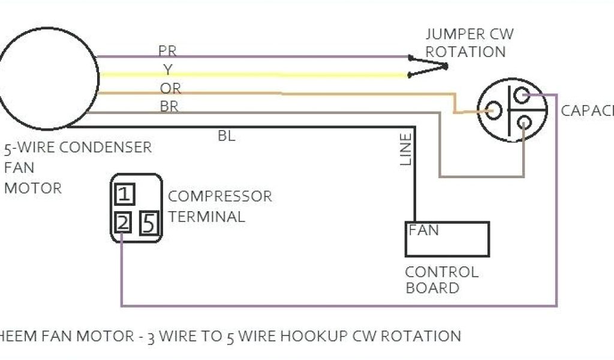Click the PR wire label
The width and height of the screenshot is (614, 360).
click(167, 50)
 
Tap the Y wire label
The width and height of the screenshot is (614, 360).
click(167, 70)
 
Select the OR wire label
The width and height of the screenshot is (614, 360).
click(170, 89)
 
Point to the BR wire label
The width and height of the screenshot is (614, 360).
click(168, 107)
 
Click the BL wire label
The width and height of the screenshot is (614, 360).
click(227, 136)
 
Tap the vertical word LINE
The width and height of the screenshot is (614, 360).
click(406, 149)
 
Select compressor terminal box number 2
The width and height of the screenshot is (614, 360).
click(123, 223)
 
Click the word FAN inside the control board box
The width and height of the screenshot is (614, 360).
click(424, 230)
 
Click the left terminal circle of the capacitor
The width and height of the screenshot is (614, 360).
click(493, 110)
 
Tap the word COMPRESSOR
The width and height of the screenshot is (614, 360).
click(220, 196)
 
